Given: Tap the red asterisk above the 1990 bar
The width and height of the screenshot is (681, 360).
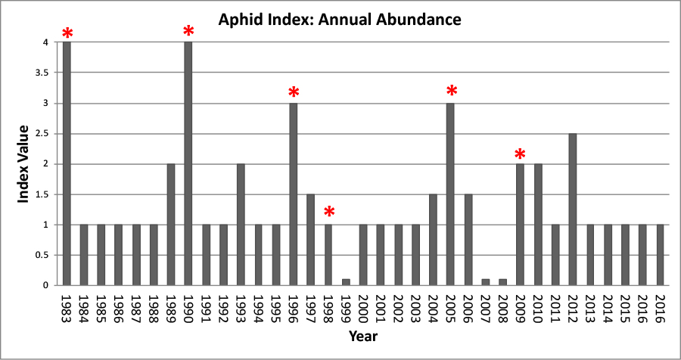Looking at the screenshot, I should pos(188,31).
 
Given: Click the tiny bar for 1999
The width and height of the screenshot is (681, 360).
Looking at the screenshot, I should pos(346,282).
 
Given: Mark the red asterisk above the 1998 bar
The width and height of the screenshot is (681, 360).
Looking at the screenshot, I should pos(328,211).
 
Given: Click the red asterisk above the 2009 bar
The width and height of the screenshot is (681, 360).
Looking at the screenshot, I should pos(520,155).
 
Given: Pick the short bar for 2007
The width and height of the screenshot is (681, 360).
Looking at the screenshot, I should pos(486,282).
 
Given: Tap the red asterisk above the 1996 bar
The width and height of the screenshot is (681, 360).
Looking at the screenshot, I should pos(294,92).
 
